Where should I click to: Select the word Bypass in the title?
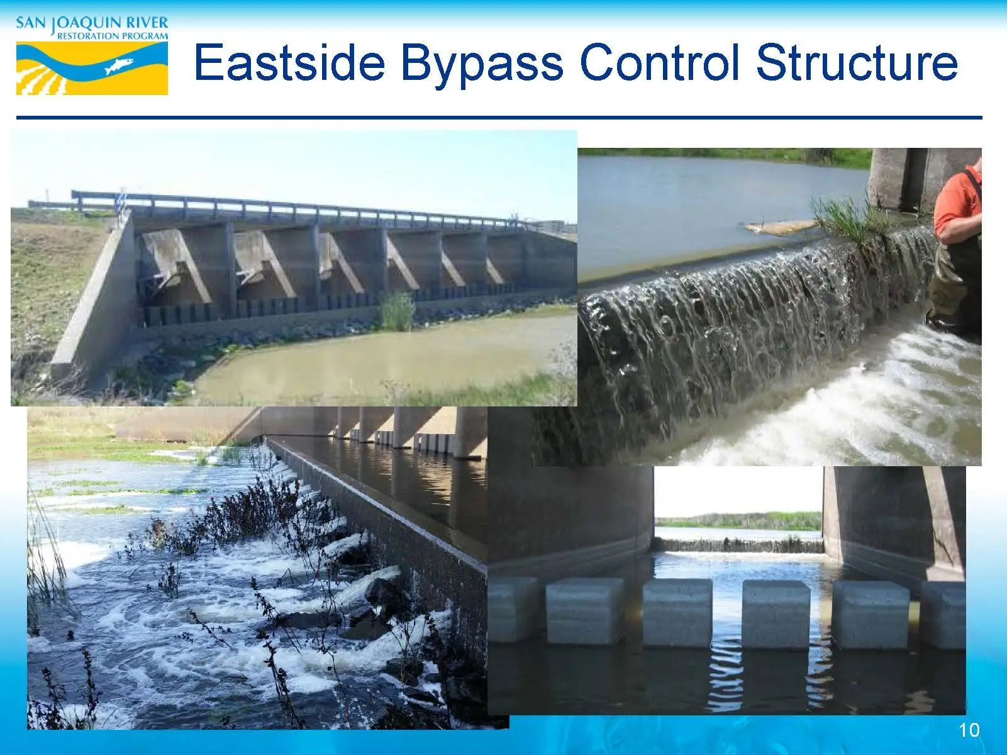click(482, 62)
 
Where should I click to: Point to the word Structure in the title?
click(857, 62)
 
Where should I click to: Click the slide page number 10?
click(969, 730)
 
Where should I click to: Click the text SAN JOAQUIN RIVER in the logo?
click(92, 23)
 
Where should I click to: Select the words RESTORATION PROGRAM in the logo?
click(113, 36)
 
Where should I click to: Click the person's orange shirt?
click(957, 203)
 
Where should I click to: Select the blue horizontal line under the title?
click(499, 118)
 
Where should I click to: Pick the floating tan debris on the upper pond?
click(780, 226)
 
